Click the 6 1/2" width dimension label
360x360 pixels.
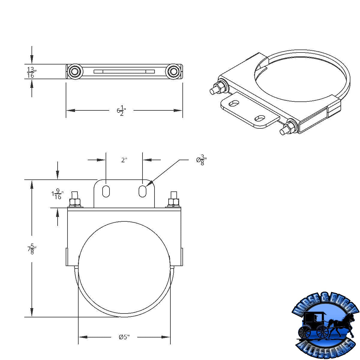click(121, 111)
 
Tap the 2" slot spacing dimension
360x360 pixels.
click(124, 160)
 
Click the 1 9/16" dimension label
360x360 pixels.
click(57, 194)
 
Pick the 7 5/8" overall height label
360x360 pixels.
click(31, 249)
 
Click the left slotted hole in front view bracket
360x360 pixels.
click(106, 191)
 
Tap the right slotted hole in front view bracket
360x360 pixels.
click(142, 191)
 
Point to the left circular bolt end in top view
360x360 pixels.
click(74, 71)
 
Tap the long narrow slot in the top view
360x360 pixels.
click(124, 71)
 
